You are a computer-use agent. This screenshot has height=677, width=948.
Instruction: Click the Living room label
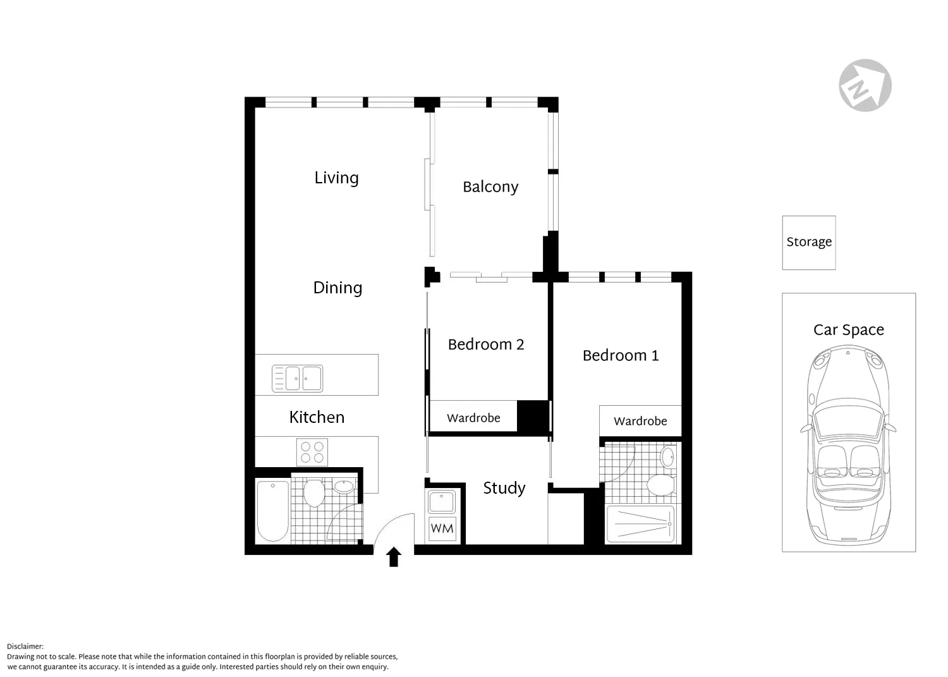(336, 178)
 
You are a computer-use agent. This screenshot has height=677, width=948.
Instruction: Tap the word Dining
(337, 288)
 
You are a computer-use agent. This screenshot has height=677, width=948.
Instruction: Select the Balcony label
(490, 187)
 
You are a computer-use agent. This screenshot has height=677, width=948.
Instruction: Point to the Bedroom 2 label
(485, 345)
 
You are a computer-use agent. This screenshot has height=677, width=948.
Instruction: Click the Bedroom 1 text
(620, 356)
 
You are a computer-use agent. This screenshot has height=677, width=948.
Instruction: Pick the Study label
(504, 488)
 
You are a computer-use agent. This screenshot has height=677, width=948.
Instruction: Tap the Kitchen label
(317, 417)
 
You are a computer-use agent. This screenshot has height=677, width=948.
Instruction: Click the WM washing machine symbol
(442, 528)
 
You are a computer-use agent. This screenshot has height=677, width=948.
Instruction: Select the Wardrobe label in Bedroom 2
(473, 418)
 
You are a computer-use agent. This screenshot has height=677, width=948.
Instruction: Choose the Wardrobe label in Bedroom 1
(640, 421)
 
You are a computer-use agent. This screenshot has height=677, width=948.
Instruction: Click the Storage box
(809, 243)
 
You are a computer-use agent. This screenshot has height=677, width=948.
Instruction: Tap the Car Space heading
(848, 330)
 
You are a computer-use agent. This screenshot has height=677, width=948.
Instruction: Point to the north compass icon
(865, 85)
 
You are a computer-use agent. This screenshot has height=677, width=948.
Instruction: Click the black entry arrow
(394, 557)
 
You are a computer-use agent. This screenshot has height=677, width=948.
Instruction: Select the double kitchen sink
(298, 379)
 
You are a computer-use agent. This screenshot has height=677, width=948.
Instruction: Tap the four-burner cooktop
(312, 452)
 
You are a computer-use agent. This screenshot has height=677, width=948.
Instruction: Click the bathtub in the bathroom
(273, 511)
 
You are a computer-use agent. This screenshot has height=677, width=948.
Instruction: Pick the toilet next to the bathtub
(314, 494)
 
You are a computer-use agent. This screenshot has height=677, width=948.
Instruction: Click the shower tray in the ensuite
(640, 524)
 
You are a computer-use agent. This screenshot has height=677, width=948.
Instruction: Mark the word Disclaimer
(25, 647)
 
